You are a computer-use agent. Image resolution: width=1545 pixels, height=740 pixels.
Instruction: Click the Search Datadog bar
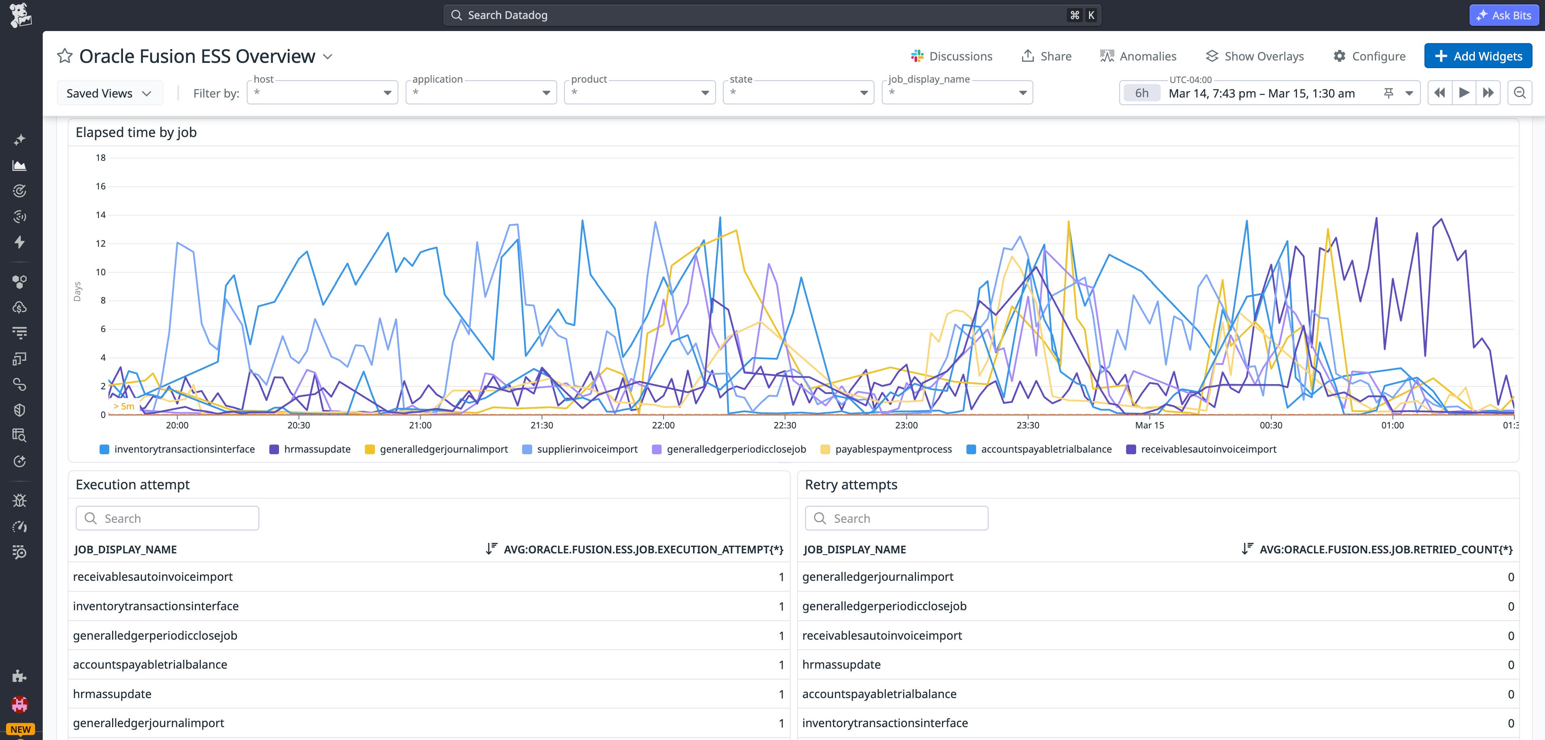click(771, 15)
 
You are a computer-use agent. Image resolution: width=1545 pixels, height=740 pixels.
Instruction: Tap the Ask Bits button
click(1504, 15)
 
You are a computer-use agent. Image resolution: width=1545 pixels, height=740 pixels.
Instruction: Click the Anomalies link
click(1138, 56)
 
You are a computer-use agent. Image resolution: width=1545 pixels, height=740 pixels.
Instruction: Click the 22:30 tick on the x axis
click(785, 425)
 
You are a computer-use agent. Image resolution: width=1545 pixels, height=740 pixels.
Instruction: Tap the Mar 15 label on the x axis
click(1149, 425)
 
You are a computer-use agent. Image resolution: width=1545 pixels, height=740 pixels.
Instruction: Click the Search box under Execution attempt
click(167, 518)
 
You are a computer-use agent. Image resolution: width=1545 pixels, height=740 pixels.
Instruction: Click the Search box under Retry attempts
click(897, 518)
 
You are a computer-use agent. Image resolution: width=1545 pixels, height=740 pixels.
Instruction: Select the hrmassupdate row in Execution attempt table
click(112, 694)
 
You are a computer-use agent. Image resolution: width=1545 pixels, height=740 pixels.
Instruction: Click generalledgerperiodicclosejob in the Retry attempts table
click(884, 606)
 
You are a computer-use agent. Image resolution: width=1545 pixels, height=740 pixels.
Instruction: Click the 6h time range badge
click(1141, 93)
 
